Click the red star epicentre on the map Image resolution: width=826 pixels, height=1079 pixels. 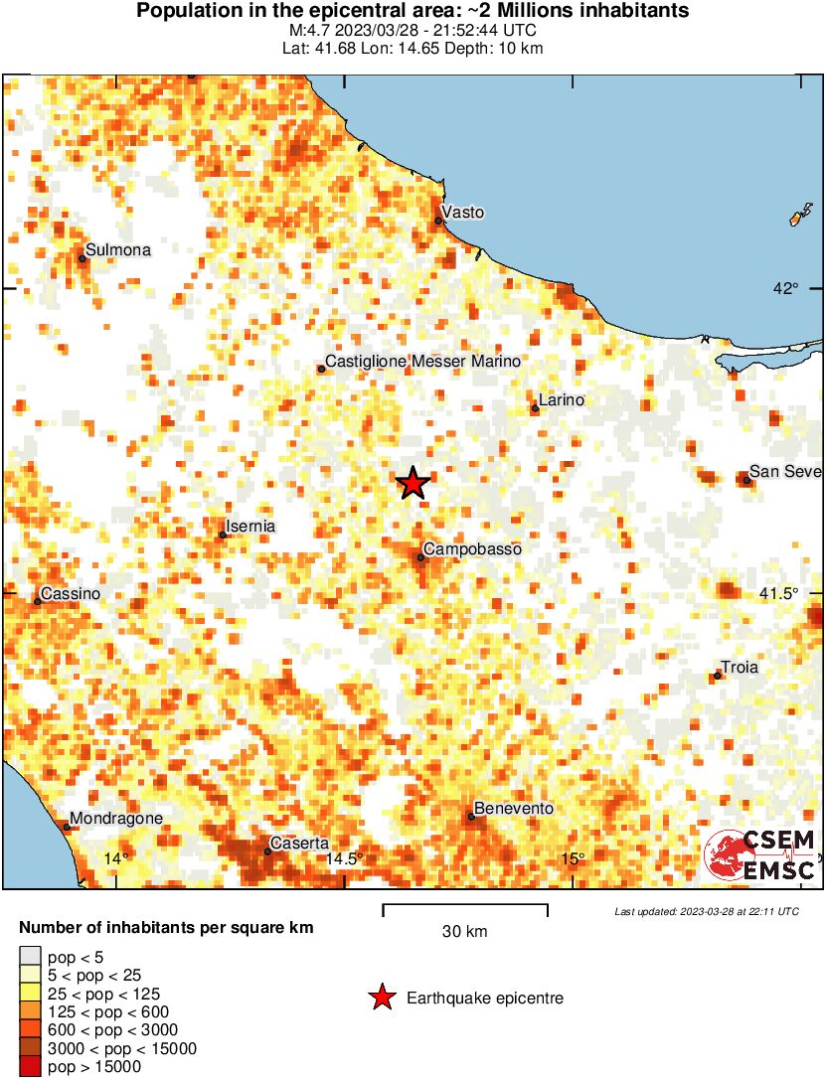click(x=413, y=484)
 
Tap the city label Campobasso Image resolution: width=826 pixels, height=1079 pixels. click(x=472, y=549)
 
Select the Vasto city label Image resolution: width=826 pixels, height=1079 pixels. click(x=462, y=213)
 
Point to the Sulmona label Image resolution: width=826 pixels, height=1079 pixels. click(x=118, y=250)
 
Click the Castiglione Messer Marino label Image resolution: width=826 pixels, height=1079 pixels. click(x=423, y=362)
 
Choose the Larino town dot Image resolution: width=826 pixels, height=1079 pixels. click(x=535, y=408)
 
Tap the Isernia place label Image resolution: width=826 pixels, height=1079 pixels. click(x=250, y=527)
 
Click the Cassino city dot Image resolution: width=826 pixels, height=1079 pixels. click(x=38, y=601)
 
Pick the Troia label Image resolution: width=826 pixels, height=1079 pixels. click(x=739, y=668)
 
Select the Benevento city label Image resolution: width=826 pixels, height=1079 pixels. click(x=514, y=809)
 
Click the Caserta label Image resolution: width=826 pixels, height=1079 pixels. click(x=300, y=844)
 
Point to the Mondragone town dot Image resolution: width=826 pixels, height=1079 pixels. click(x=67, y=827)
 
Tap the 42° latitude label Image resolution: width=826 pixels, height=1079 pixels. click(x=786, y=289)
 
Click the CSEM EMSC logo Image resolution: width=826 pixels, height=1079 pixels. click(x=760, y=855)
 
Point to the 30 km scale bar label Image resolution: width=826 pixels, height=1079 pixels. click(x=464, y=932)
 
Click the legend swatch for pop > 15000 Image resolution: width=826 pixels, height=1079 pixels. click(x=29, y=1067)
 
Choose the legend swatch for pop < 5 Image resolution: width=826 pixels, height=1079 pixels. click(x=29, y=958)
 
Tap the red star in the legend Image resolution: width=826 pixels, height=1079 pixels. click(x=382, y=998)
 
